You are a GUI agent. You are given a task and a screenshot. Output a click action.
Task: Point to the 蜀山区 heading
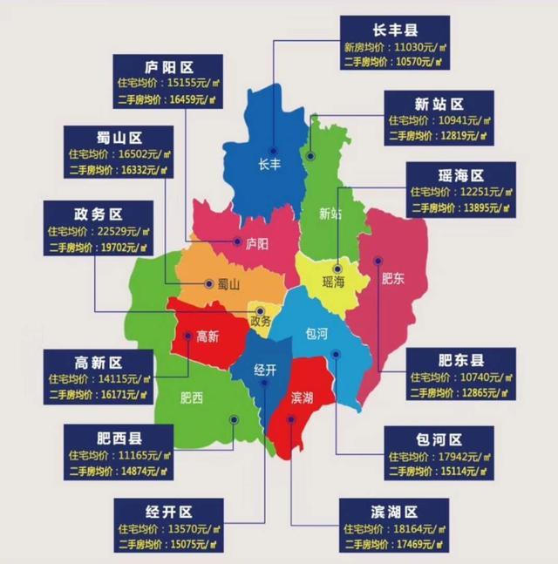coord(119,138)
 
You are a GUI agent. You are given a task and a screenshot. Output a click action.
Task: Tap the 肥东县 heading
coord(460,359)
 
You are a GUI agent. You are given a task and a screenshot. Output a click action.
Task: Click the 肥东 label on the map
coord(394,280)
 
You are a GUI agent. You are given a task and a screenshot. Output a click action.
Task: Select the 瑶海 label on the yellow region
coord(334,282)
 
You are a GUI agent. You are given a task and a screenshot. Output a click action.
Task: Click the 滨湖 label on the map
coord(303,398)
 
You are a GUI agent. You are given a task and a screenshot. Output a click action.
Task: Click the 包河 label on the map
coord(316,333)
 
